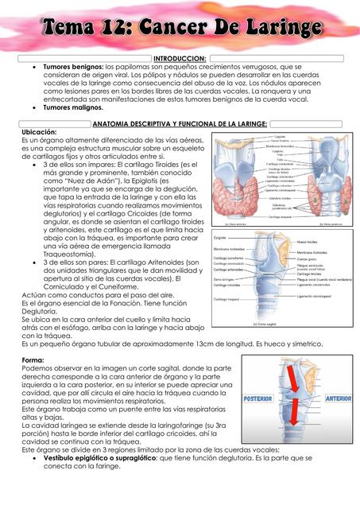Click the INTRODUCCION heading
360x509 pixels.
180,59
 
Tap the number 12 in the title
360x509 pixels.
115,29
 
